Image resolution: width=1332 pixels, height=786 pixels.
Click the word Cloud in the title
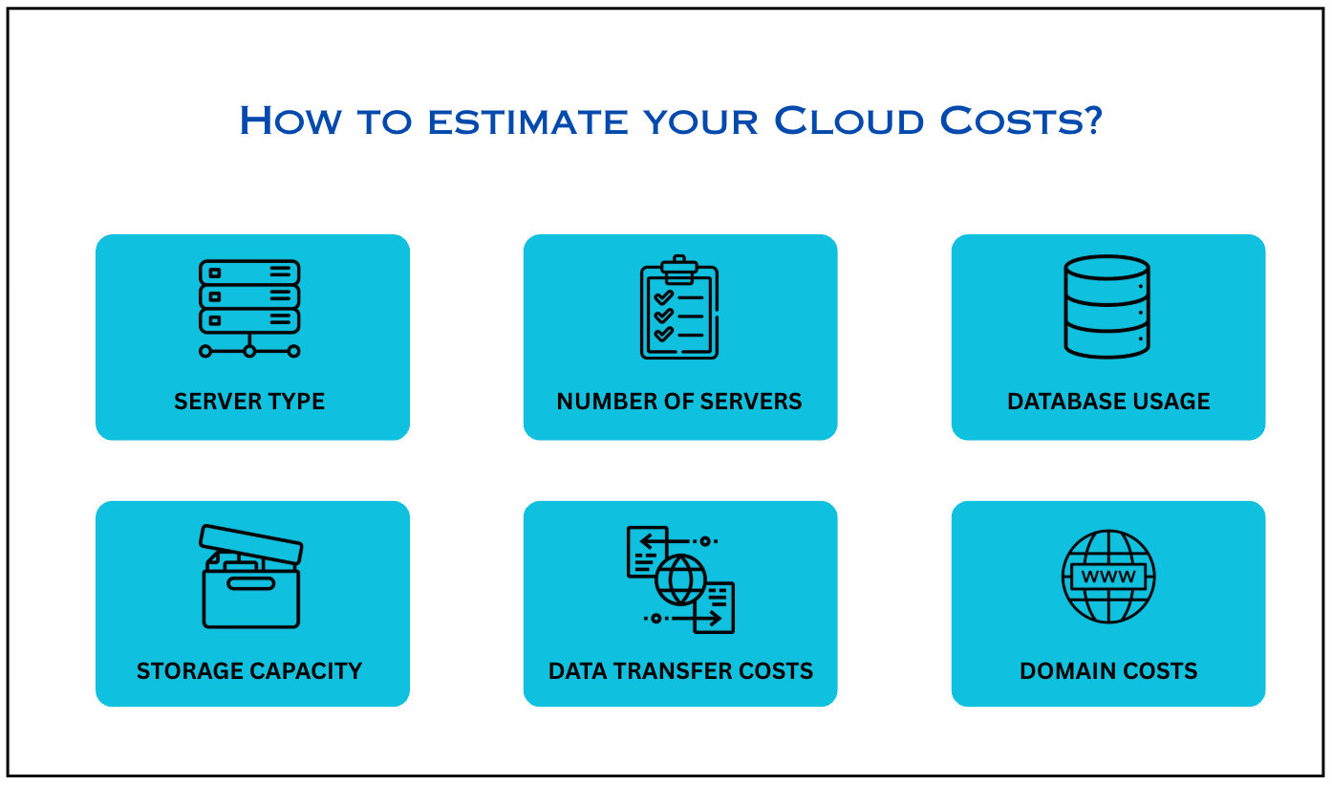click(849, 120)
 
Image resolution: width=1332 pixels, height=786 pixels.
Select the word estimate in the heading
click(527, 122)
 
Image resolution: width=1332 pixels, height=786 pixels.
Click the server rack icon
click(249, 309)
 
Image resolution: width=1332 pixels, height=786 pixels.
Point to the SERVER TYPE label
click(249, 402)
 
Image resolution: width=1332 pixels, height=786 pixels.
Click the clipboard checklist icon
click(679, 307)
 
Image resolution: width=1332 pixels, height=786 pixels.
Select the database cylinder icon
click(1106, 307)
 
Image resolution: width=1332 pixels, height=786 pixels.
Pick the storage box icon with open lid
click(250, 577)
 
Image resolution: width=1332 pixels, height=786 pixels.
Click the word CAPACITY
click(306, 671)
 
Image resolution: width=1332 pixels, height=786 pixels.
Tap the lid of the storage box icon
click(251, 544)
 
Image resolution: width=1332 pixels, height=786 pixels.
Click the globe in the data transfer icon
click(680, 579)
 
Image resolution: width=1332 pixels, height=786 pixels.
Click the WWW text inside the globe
click(1108, 577)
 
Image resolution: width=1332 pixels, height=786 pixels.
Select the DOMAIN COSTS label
click(1108, 671)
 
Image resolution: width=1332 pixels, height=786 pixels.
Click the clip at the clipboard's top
click(679, 269)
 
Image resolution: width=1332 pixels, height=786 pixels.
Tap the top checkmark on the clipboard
click(664, 297)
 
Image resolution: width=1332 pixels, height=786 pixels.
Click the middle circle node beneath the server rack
click(249, 351)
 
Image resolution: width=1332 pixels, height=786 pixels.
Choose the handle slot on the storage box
click(251, 584)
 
